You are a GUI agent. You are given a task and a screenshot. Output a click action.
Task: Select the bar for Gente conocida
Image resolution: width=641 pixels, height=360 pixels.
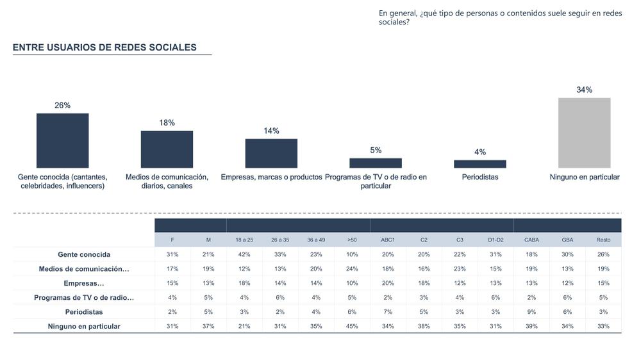[62, 140]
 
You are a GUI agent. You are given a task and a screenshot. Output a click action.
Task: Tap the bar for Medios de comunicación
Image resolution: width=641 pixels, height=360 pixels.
[167, 149]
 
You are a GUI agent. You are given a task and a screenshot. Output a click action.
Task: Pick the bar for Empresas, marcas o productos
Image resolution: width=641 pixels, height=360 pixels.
[271, 153]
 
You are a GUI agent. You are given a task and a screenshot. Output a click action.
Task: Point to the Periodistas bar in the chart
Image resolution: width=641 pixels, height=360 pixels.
[479, 164]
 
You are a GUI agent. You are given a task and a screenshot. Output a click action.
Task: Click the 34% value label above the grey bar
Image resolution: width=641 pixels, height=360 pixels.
[584, 90]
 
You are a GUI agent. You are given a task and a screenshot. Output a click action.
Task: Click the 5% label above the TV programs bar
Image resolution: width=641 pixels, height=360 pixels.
[376, 150]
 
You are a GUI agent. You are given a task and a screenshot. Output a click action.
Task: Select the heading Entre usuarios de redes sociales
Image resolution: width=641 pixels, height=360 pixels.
[104, 47]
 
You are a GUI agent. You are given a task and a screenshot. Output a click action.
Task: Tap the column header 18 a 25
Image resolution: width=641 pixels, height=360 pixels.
[244, 240]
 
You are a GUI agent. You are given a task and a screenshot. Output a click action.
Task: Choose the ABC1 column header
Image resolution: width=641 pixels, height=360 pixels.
[388, 240]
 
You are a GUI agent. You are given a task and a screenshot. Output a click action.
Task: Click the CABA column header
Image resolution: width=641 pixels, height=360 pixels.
[531, 240]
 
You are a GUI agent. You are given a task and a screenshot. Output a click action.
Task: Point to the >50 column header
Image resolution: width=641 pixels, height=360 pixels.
[352, 240]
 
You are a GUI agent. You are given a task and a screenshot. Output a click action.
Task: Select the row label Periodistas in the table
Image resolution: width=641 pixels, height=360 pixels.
[84, 312]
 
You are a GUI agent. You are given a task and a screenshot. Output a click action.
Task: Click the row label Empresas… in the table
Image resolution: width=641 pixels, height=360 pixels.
[84, 283]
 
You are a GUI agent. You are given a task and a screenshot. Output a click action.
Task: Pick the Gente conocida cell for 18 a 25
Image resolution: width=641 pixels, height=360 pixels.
[244, 254]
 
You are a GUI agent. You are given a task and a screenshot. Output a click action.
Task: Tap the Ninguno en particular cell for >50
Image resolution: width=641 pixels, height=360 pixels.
[352, 326]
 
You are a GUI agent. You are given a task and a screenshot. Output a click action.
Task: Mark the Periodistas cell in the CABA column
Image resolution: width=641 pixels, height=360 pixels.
[531, 312]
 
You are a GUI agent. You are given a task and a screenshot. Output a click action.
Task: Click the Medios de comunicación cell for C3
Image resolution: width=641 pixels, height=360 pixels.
[460, 269]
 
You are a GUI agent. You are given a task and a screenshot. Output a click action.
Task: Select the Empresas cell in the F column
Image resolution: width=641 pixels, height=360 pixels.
[172, 283]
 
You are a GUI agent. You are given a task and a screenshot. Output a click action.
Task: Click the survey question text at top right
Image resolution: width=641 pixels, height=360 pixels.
[500, 17]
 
